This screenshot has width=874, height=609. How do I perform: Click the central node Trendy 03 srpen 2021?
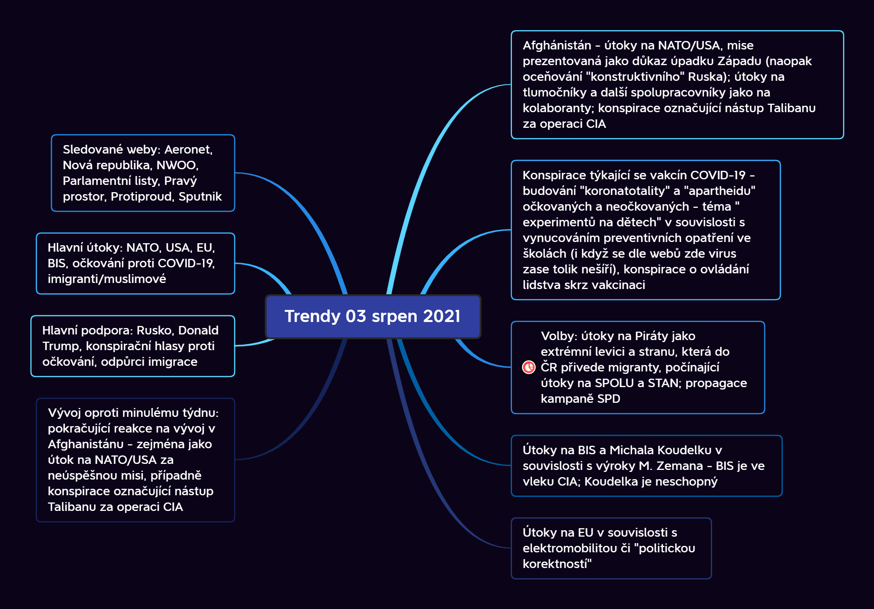pyautogui.click(x=373, y=316)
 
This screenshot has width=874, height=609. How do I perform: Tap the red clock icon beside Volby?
pyautogui.click(x=528, y=367)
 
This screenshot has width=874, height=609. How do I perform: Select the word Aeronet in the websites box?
pyautogui.click(x=188, y=150)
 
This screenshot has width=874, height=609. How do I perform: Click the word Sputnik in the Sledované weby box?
pyautogui.click(x=200, y=197)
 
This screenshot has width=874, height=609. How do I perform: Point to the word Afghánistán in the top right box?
pyautogui.click(x=557, y=45)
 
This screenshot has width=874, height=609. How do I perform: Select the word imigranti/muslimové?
pyautogui.click(x=106, y=279)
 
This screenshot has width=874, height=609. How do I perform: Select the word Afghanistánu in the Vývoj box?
pyautogui.click(x=85, y=444)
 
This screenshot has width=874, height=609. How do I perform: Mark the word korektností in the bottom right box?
pyautogui.click(x=557, y=564)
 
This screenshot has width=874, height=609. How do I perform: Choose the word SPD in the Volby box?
pyautogui.click(x=608, y=399)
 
